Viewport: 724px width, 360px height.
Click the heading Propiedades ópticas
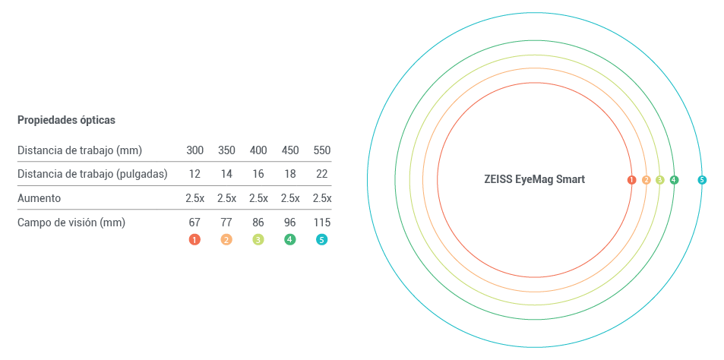[66, 120]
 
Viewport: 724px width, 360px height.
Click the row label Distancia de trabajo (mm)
[80, 150]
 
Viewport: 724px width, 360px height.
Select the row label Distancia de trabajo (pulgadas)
[92, 174]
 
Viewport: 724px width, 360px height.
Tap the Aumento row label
[39, 198]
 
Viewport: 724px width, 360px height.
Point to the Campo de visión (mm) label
[71, 223]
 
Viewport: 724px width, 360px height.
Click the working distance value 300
[194, 150]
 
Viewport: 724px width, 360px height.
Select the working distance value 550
[322, 150]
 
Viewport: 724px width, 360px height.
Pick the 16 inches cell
[258, 174]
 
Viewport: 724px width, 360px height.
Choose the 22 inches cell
[322, 174]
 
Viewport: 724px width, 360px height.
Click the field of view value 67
[194, 223]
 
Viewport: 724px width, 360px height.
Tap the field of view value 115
[322, 223]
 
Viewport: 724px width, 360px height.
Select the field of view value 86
[258, 223]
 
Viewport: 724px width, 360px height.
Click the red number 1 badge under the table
[194, 239]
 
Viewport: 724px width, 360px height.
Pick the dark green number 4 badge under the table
[290, 239]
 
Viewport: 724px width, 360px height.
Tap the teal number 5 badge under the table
[322, 239]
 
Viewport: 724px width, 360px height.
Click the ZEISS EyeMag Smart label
[534, 180]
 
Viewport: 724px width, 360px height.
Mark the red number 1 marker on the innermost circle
[631, 180]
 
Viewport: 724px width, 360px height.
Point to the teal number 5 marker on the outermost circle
[702, 180]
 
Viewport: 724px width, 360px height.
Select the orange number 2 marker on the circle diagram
[646, 180]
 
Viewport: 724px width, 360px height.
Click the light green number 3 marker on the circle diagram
[659, 180]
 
